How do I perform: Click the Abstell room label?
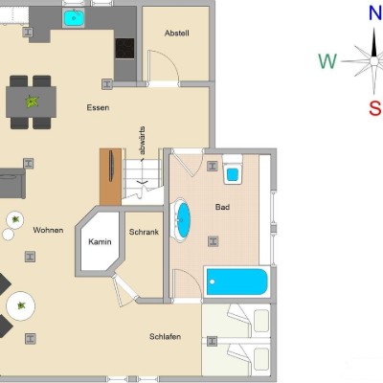[177, 33]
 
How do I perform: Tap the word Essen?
[98, 107]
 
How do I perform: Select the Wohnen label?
[48, 230]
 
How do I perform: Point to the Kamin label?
[100, 241]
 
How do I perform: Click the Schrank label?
[144, 232]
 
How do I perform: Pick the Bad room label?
[222, 207]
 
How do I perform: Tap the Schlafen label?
[166, 336]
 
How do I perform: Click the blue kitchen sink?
[74, 18]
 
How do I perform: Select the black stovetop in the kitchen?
[124, 49]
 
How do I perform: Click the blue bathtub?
[237, 282]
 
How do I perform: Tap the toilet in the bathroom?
[233, 169]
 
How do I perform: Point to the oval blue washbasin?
[182, 220]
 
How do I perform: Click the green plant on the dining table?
[32, 101]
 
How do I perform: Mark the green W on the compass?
[327, 61]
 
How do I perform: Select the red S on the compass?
[375, 108]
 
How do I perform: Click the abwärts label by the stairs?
[142, 142]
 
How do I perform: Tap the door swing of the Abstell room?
[164, 66]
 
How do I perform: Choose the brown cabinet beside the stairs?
[110, 177]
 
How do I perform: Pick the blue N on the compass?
[375, 13]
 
